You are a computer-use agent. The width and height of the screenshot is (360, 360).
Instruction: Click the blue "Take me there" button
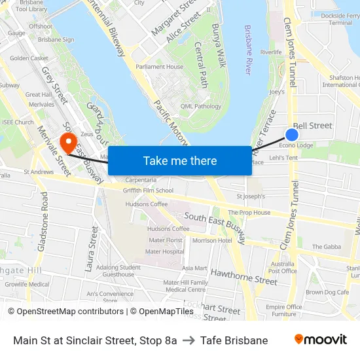coord(180,160)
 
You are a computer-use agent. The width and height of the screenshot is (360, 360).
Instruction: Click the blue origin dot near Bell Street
coord(292,135)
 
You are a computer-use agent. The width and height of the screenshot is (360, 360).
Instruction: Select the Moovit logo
coord(320,340)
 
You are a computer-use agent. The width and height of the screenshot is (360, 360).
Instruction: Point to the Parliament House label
coord(159,67)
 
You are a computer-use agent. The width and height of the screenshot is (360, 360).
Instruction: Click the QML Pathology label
coord(201,106)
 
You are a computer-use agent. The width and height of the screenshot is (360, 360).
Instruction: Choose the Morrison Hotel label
coord(212,241)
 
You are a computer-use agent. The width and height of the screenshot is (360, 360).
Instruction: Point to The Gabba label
coord(326,247)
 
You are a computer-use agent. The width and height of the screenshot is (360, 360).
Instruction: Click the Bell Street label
coord(312,126)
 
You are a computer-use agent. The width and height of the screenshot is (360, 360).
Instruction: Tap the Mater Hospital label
coord(164,251)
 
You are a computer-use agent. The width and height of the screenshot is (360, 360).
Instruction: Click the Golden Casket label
coord(29,58)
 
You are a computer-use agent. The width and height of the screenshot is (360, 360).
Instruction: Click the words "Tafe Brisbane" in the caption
coord(234,340)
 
